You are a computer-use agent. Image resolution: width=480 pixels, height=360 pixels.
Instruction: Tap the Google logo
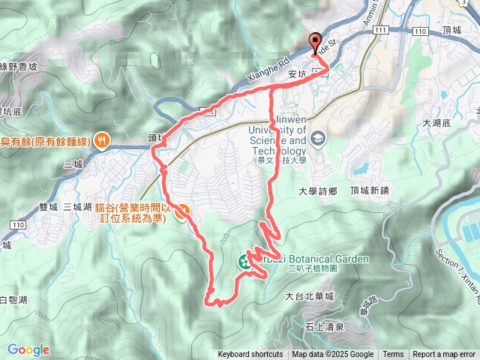[x=28, y=349]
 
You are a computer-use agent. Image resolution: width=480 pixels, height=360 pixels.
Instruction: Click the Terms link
[x=393, y=355]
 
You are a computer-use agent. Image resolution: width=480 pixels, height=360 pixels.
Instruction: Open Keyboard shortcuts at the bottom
[x=250, y=355]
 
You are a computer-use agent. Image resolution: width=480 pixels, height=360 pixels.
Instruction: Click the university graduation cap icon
[x=318, y=139]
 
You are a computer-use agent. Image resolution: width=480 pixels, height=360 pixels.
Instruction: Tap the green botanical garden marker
[x=244, y=262]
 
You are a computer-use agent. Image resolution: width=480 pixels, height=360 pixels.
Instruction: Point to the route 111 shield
[x=382, y=29]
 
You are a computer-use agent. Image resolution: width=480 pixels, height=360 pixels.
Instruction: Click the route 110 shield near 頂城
[x=419, y=31]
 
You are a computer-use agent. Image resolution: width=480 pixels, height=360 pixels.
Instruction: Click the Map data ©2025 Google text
[x=333, y=355]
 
